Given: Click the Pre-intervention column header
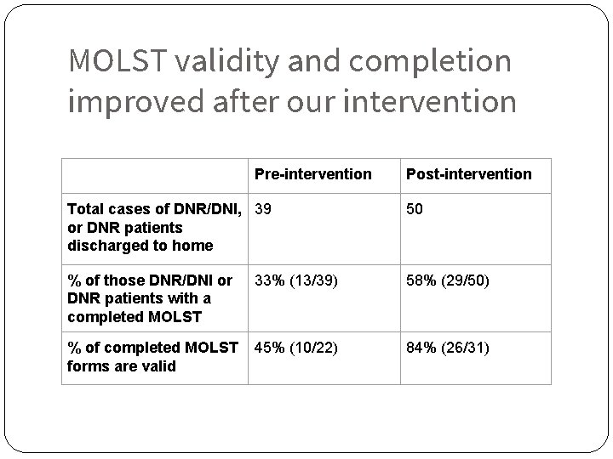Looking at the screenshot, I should point(312,174).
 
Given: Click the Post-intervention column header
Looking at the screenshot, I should point(468,174).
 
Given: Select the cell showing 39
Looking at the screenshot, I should point(263,209).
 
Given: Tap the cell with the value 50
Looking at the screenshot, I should point(415,209).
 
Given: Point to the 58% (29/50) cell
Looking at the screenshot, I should point(448,280).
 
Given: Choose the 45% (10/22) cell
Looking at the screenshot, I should point(295,348).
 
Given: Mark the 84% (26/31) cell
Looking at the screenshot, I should point(448,348).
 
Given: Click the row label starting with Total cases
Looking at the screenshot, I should point(153,227).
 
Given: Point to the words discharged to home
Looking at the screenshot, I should point(140,246).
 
